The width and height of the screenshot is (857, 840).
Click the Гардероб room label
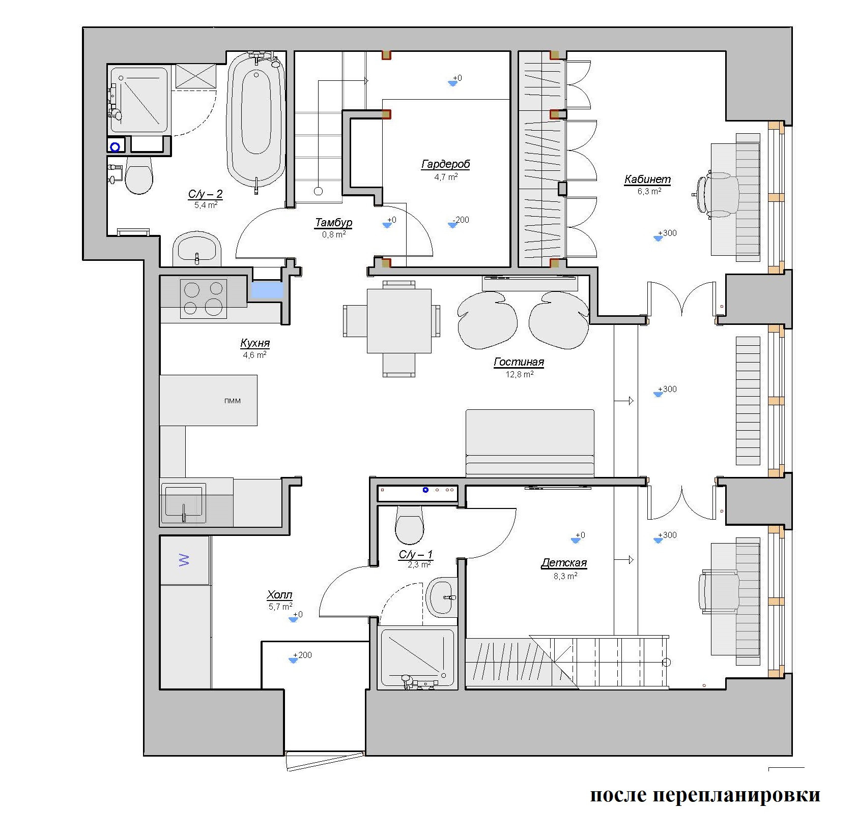tap(445, 164)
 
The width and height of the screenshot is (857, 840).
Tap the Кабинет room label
tap(647, 179)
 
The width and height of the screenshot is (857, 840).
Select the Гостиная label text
tap(519, 362)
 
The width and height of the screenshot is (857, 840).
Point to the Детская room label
tap(564, 563)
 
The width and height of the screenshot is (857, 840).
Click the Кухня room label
tap(255, 343)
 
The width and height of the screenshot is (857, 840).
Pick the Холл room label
tap(279, 595)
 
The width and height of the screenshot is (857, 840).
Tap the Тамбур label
tap(334, 223)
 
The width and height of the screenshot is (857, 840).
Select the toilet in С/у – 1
tap(409, 525)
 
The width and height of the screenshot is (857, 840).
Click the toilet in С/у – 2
tap(138, 175)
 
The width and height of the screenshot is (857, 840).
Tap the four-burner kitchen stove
tap(204, 298)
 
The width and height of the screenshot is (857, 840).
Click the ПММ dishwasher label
tap(233, 401)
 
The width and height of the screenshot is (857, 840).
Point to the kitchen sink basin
tap(184, 504)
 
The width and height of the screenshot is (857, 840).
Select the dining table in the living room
tap(399, 321)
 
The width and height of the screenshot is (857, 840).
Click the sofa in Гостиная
tap(530, 442)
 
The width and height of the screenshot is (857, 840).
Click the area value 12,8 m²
tap(519, 374)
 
